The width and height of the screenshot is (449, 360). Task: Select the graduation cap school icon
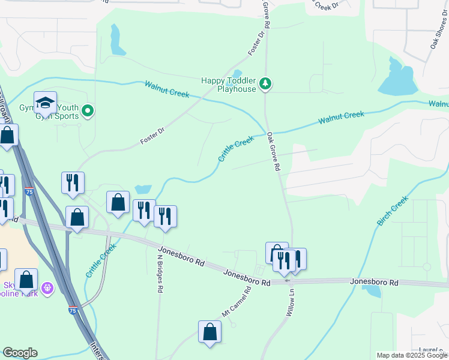(45, 103)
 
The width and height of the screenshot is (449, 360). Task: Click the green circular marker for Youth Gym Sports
(88, 110)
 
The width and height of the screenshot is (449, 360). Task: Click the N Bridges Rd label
(160, 273)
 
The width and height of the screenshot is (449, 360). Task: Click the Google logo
(20, 353)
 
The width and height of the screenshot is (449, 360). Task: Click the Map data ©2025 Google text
(412, 355)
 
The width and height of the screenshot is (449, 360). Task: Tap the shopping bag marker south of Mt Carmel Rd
(209, 332)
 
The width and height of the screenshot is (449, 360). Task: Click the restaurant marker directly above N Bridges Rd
(165, 217)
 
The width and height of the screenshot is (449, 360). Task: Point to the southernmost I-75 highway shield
(73, 310)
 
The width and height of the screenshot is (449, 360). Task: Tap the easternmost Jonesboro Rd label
(375, 282)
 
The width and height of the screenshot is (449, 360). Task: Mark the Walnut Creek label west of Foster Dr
(167, 89)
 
